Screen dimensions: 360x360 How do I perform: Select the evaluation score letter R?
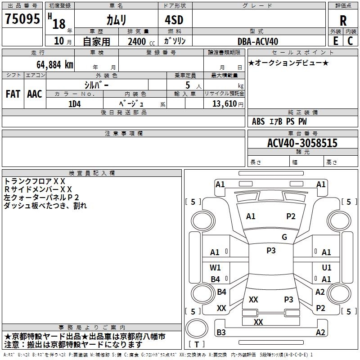[343, 20]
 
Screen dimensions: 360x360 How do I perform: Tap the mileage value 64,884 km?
[50, 64]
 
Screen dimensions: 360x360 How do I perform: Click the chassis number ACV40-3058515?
[302, 144]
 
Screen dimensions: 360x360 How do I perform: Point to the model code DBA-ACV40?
[258, 41]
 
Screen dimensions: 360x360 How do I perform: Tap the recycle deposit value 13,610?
[224, 103]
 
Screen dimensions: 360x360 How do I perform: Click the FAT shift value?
[13, 94]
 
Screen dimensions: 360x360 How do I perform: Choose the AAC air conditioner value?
[35, 94]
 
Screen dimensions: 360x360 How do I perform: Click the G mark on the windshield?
[284, 237]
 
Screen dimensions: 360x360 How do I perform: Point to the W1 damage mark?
[216, 268]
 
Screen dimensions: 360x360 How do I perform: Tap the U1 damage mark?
[327, 268]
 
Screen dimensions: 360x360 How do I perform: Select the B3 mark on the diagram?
[221, 333]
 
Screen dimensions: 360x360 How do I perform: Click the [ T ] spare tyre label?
[197, 345]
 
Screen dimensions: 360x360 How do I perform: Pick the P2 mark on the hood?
[291, 216]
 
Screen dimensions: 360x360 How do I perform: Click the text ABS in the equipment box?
[258, 121]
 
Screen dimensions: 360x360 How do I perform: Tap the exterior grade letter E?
[335, 41]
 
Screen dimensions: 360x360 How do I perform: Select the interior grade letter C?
[351, 41]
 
